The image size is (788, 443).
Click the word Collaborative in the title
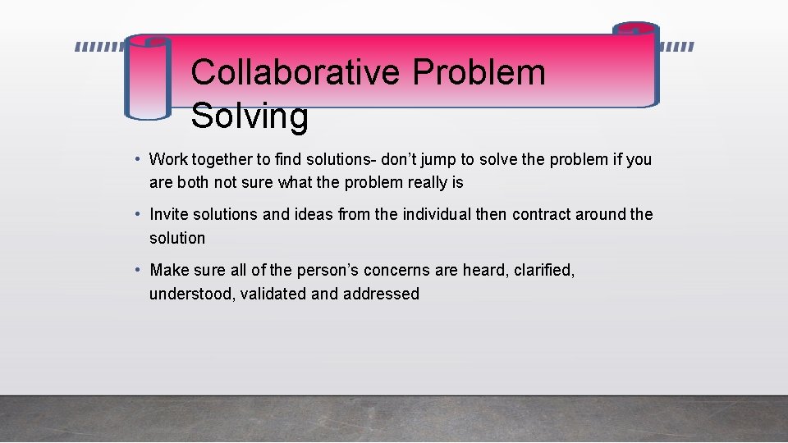[295, 72]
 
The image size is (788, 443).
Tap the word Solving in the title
[250, 116]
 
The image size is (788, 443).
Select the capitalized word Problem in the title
[479, 72]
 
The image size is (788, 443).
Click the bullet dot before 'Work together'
[140, 158]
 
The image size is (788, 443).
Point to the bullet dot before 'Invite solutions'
[140, 213]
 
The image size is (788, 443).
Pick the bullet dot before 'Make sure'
[140, 269]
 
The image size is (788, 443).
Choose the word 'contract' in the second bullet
[541, 214]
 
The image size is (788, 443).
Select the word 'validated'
[272, 294]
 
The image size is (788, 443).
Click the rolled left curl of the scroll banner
[148, 78]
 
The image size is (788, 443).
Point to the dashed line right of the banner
[676, 47]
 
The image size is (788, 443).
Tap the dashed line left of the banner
[99, 47]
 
